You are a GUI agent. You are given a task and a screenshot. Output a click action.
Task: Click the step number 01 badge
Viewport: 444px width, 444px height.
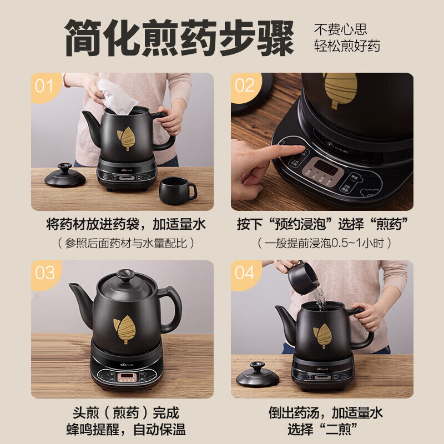click(x=44, y=86)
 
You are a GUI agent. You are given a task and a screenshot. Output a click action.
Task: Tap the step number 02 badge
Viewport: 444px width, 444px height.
click(x=244, y=86)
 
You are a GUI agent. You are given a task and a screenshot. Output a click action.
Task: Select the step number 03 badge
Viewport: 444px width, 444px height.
click(x=44, y=273)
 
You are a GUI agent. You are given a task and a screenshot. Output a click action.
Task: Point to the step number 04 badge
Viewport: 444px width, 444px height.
click(x=244, y=273)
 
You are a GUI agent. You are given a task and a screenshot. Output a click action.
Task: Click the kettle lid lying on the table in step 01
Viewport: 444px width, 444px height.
click(x=65, y=176)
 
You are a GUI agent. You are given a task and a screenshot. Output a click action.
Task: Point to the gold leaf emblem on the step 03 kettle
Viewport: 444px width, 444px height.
click(x=126, y=329)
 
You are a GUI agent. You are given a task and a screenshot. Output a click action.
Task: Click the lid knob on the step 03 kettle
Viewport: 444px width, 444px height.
click(x=125, y=276)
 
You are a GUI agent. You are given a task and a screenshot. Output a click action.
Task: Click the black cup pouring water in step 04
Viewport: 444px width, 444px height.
click(x=303, y=277)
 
